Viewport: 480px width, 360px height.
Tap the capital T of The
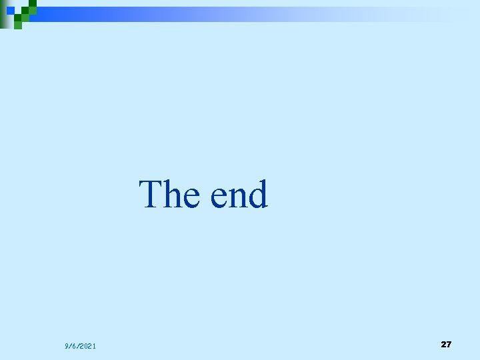(x=151, y=194)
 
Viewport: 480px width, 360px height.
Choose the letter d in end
(x=258, y=194)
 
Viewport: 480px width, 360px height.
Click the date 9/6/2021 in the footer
(x=80, y=346)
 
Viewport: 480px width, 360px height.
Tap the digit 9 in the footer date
(x=67, y=346)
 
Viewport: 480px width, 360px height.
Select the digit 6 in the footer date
(x=75, y=346)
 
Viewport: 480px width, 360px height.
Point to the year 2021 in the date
(x=89, y=346)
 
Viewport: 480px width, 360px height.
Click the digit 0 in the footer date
(x=87, y=346)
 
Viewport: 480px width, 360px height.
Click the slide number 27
(x=446, y=344)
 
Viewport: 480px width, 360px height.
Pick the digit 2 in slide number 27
(x=443, y=344)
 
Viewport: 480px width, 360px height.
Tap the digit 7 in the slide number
(x=449, y=344)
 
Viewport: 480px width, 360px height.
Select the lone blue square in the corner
(x=11, y=11)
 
